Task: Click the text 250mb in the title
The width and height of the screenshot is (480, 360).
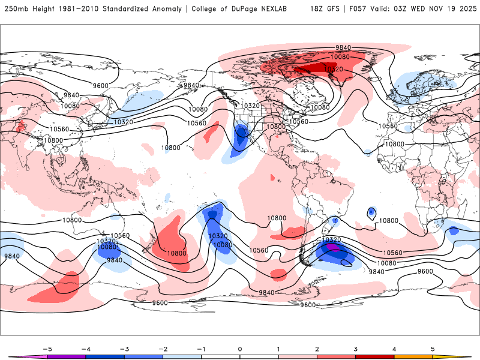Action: click(x=17, y=9)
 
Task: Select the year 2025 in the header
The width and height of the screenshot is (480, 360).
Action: click(x=464, y=9)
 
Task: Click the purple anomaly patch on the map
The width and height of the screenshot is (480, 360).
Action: click(x=334, y=247)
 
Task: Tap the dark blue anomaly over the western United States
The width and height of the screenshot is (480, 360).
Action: click(x=242, y=133)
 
